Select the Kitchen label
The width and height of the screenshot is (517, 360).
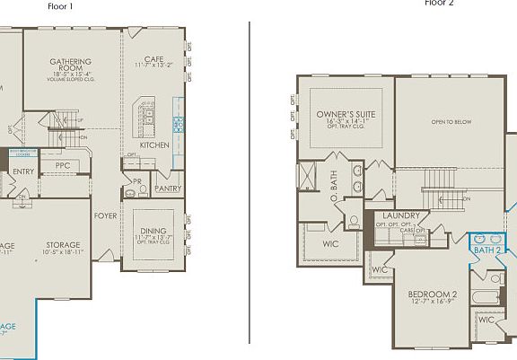tap(154, 145)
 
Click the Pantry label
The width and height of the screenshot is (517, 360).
tap(167, 189)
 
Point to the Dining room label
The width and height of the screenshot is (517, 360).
tap(153, 231)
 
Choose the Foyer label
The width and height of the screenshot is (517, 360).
tap(106, 215)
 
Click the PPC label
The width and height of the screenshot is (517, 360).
tap(63, 166)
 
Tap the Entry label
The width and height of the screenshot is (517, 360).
tap(22, 171)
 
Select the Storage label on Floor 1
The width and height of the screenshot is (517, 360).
tap(63, 244)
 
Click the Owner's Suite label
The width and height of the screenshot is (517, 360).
tap(346, 115)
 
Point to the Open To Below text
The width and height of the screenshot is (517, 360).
tap(451, 122)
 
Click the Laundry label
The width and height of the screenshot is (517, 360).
tap(401, 215)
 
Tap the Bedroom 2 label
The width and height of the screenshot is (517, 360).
tap(433, 294)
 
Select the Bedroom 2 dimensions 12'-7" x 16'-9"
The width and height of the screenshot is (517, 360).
tap(433, 303)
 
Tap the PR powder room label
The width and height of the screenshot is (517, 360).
tap(137, 180)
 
